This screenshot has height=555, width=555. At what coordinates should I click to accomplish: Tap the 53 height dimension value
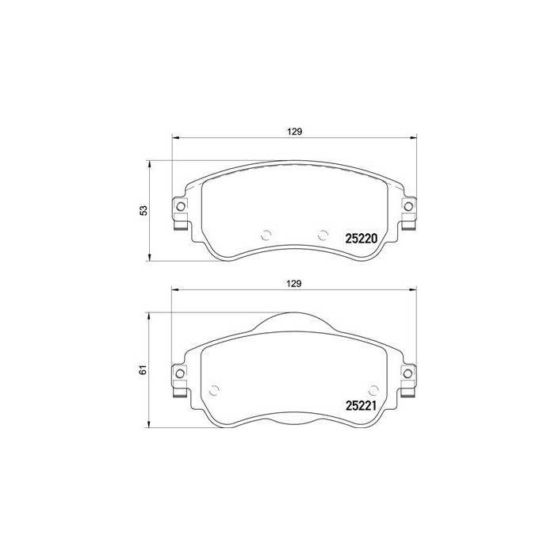tap(144, 210)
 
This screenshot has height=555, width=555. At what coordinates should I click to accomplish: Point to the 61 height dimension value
tap(144, 370)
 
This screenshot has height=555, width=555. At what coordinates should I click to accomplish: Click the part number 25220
tap(360, 237)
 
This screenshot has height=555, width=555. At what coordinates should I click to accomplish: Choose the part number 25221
tap(360, 404)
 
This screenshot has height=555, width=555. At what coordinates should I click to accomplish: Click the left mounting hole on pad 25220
tap(180, 208)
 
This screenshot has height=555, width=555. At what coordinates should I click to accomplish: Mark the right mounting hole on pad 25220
tap(409, 208)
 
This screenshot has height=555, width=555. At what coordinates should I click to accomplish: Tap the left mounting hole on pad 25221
tap(180, 374)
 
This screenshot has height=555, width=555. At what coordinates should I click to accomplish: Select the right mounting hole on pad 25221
tap(409, 374)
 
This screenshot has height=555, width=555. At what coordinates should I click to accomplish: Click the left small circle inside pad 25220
tap(266, 234)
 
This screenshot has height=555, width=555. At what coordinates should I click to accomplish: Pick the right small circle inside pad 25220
tap(322, 234)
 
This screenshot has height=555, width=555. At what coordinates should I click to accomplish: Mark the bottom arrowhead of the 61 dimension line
tap(151, 426)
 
